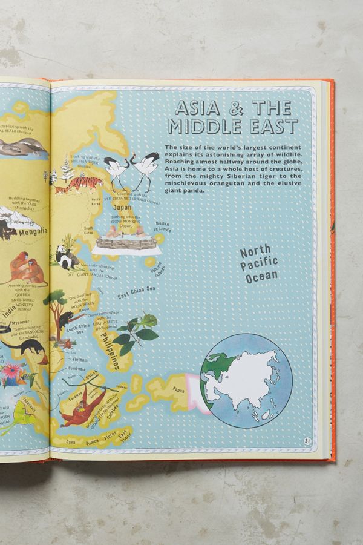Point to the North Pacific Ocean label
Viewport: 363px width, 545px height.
pyautogui.click(x=259, y=265)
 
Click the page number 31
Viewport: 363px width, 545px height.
pyautogui.click(x=307, y=441)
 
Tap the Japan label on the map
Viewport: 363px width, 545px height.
pyautogui.click(x=122, y=207)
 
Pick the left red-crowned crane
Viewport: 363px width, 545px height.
pyautogui.click(x=115, y=170)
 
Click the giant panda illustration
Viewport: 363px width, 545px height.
pyautogui.click(x=65, y=257)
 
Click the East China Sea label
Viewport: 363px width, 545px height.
pyautogui.click(x=136, y=292)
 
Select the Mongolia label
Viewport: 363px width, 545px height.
pyautogui.click(x=33, y=231)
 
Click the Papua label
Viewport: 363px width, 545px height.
pyautogui.click(x=178, y=390)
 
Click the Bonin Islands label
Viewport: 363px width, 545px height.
pyautogui.click(x=162, y=226)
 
